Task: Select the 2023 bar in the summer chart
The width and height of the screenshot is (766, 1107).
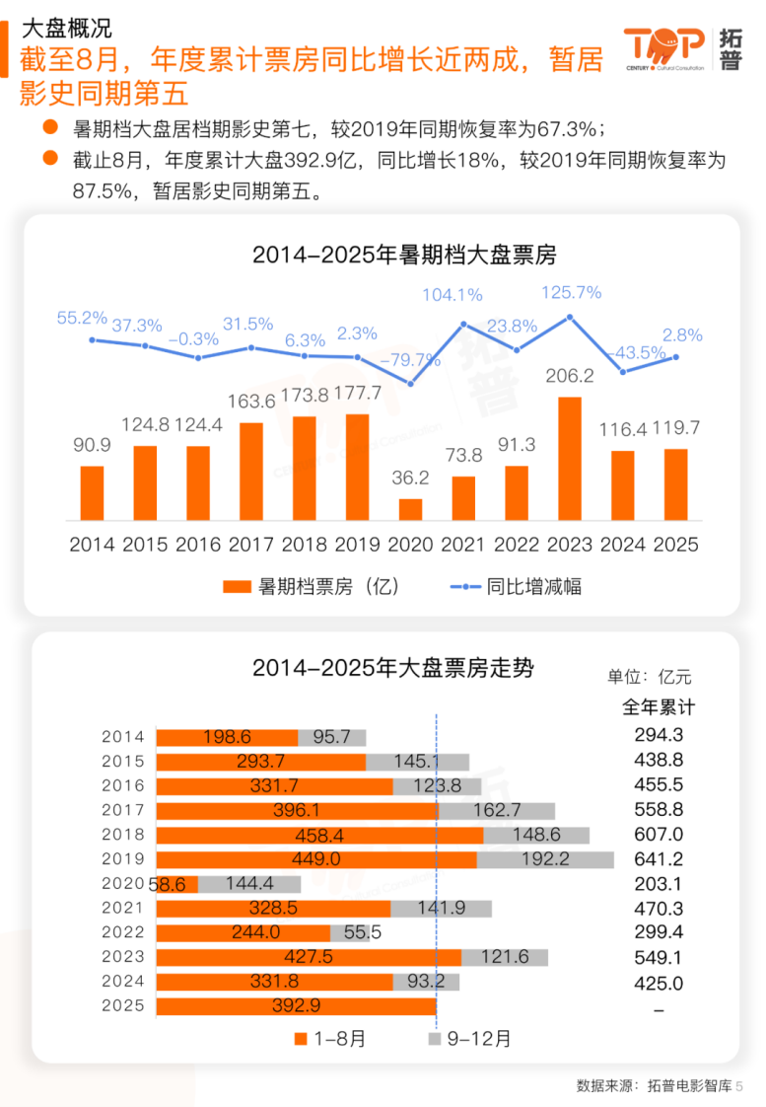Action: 570,459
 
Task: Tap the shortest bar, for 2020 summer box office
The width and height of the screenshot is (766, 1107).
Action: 410,509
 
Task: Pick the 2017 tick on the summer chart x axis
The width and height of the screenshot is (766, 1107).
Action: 251,544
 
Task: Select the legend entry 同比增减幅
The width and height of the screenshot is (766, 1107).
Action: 515,586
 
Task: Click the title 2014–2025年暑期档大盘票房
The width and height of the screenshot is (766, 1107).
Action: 404,256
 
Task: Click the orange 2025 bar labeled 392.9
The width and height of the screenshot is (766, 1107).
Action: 297,1005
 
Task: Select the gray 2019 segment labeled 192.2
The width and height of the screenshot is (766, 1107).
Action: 544,859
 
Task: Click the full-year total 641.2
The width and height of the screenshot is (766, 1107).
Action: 659,859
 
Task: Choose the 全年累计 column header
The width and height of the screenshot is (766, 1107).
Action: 659,707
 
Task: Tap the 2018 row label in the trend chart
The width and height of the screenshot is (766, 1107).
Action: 123,835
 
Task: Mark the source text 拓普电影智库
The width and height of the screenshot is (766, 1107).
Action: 689,1085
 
